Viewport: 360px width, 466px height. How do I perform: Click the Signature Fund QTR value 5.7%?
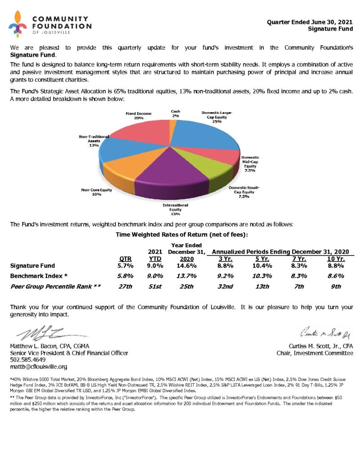tap(125, 266)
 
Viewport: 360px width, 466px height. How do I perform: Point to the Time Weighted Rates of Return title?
tap(182, 234)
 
